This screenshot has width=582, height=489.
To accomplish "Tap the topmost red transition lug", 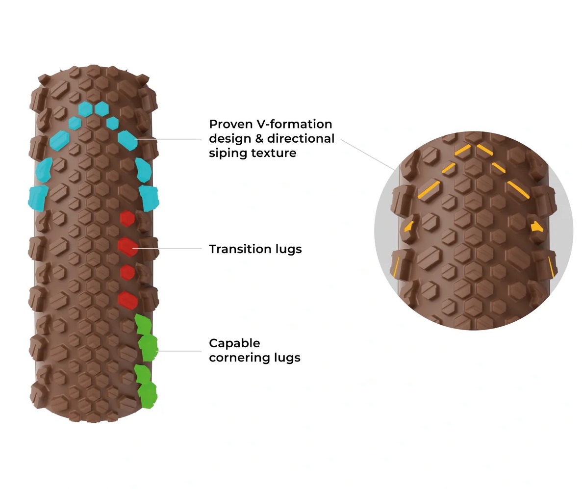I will (127, 218).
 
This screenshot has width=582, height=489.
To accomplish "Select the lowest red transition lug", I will (128, 300).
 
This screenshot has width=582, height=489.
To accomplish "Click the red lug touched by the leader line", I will (127, 246).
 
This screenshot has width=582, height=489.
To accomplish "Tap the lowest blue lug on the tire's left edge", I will (38, 198).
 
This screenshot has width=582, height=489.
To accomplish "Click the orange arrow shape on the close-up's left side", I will (408, 226).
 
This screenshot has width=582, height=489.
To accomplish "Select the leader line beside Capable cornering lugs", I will (179, 351).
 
